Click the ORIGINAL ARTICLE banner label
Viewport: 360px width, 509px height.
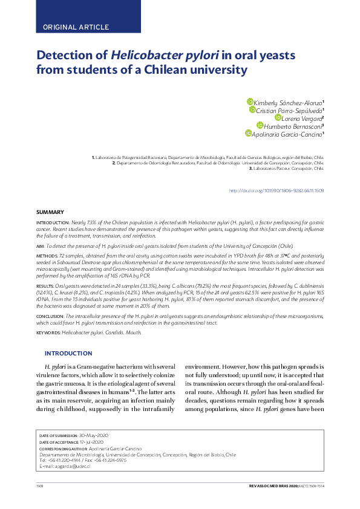76,27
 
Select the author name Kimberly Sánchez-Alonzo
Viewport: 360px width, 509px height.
287,103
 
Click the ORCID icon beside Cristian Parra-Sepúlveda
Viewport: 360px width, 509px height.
252,110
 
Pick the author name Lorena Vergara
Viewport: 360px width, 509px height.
301,118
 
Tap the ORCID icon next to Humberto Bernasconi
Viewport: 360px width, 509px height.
260,126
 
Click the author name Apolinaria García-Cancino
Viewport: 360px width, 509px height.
287,134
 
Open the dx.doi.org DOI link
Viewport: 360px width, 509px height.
276,190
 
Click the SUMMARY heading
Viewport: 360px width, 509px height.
50,212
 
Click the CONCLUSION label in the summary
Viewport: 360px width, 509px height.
50,316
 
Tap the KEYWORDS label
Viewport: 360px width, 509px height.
48,332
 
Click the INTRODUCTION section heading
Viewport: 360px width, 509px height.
68,353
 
